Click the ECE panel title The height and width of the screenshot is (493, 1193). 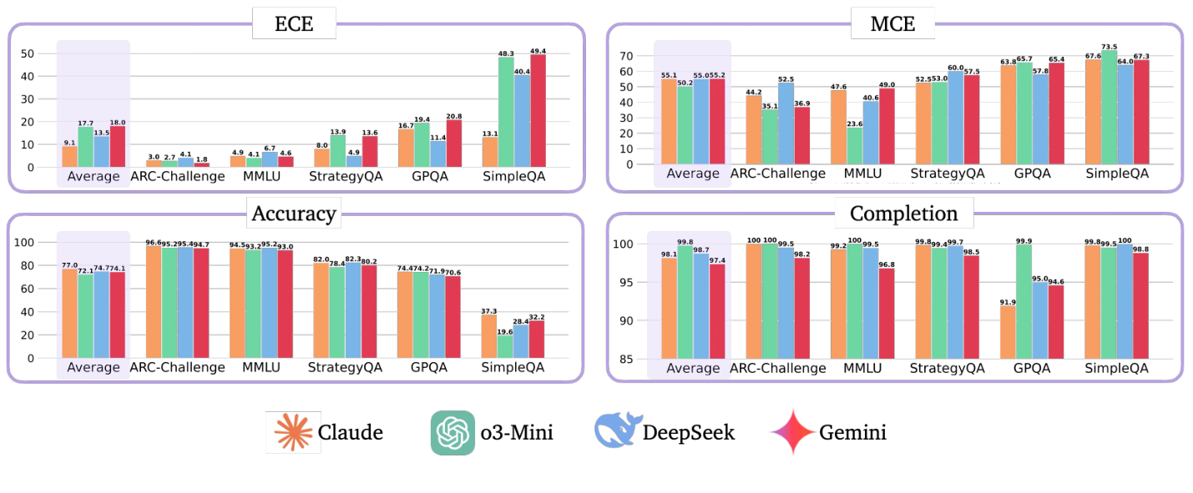coord(294,23)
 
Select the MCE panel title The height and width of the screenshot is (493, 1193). coord(892,23)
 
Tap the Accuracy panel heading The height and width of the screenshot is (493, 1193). coord(294,214)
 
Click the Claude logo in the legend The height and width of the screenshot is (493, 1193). coord(293,432)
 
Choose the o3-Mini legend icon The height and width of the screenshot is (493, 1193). coord(452,432)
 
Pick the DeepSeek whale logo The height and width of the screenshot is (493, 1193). coord(615,432)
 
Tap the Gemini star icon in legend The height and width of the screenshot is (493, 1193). coord(792,432)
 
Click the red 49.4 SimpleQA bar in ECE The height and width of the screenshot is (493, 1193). coord(537,110)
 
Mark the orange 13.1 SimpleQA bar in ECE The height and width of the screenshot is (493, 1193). coord(489,152)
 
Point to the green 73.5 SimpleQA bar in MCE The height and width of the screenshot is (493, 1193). coord(1110,108)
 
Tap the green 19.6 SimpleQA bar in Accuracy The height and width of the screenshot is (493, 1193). coord(505,347)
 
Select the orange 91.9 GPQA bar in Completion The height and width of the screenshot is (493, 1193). coord(1008,332)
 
